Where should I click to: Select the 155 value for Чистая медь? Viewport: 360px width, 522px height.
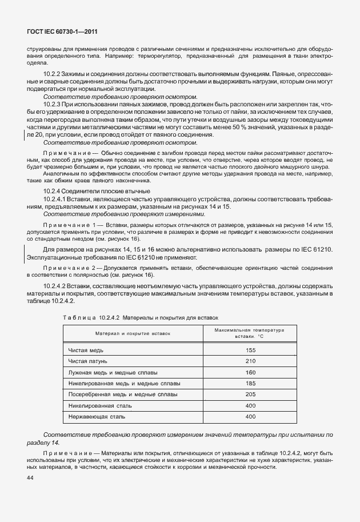(250, 350)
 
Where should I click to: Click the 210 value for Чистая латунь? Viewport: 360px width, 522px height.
(250, 361)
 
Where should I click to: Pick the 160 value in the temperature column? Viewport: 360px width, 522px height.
(250, 372)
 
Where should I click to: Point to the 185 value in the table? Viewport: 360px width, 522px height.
(250, 383)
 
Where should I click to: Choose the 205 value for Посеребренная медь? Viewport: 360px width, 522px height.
(250, 395)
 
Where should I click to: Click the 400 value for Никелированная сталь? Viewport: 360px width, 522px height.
(250, 405)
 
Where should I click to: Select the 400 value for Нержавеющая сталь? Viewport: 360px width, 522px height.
(250, 417)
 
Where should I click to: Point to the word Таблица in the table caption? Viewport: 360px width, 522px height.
(79, 317)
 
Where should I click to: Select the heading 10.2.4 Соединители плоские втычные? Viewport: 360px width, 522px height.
(97, 190)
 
